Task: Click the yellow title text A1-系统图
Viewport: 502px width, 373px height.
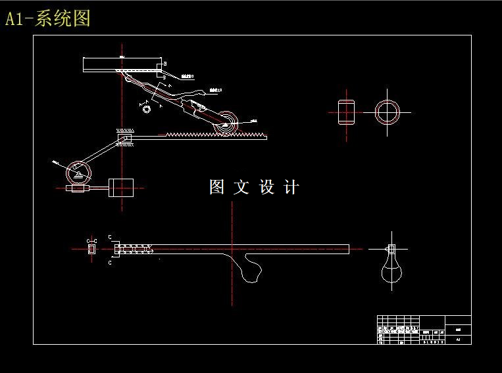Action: click(x=47, y=18)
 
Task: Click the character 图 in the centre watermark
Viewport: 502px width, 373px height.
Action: click(x=217, y=187)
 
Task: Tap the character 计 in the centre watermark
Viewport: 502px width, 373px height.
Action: click(x=291, y=187)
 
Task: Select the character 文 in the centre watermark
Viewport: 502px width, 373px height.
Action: click(x=241, y=187)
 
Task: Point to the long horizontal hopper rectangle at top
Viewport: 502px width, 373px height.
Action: click(x=122, y=65)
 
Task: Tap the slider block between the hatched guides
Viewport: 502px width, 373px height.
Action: click(x=125, y=139)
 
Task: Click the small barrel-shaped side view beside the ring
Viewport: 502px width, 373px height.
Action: click(x=346, y=112)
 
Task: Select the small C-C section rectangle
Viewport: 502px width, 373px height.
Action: click(x=91, y=248)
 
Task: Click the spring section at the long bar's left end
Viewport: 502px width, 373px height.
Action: click(x=135, y=248)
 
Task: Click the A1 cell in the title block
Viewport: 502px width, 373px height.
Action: click(x=458, y=340)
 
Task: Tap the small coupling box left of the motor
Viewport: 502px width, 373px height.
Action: click(x=77, y=188)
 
